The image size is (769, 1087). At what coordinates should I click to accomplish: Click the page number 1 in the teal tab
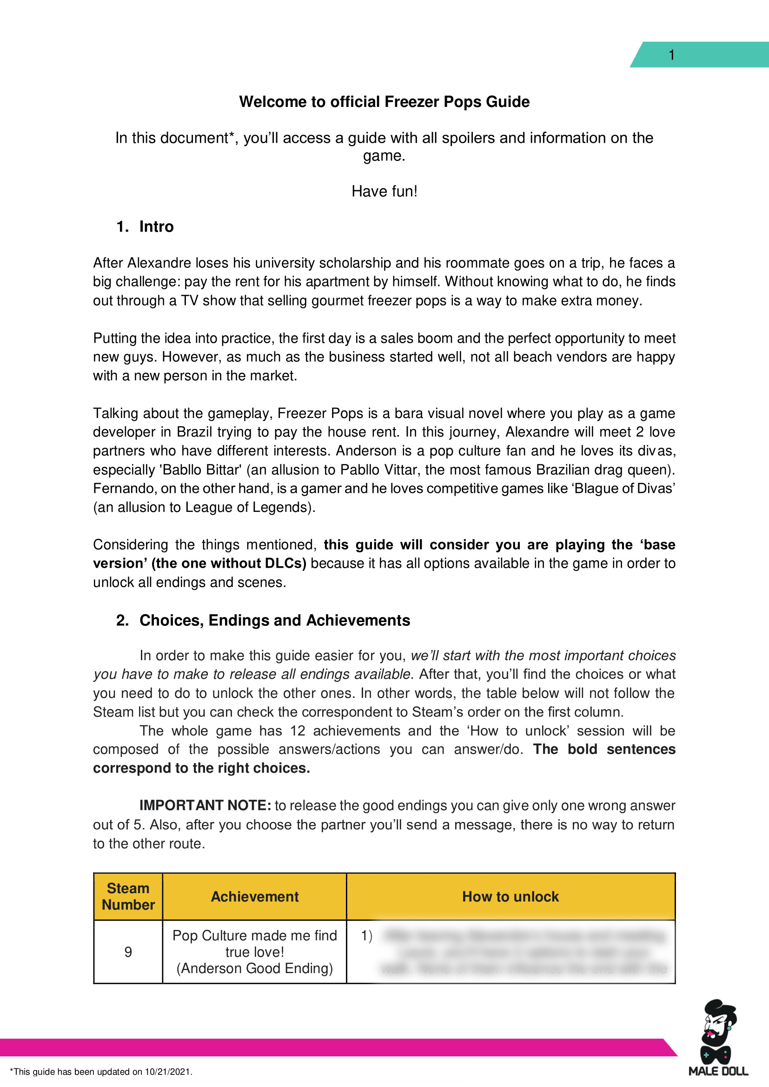(671, 55)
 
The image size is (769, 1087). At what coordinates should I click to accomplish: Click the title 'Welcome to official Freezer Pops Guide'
(384, 102)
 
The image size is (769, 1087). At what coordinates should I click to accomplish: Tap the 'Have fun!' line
(384, 191)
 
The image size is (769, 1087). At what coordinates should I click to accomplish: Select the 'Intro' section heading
(156, 227)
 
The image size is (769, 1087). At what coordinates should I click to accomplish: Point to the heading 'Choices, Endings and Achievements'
(274, 620)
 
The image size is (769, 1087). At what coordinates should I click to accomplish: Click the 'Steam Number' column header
(128, 896)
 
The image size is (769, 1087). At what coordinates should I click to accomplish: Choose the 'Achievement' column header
(254, 896)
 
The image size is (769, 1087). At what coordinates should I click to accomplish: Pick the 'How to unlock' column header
(510, 896)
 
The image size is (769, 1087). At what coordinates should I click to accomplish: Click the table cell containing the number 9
(128, 952)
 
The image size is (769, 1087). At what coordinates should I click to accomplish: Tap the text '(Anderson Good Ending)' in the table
(254, 968)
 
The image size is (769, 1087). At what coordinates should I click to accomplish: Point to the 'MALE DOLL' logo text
(718, 1071)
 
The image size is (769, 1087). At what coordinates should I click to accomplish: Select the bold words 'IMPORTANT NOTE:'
(205, 805)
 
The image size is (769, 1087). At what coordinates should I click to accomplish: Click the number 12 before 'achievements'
(298, 730)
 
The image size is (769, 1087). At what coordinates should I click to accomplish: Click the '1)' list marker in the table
(366, 935)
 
